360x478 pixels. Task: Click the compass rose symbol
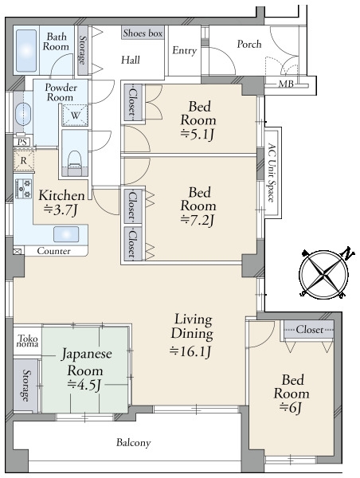coord(323,273)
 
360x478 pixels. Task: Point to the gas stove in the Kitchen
coord(22,190)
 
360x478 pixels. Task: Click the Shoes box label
coord(143,33)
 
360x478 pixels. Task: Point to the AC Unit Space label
coord(272,172)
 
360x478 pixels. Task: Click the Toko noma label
coord(27,343)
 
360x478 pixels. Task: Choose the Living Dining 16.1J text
coord(193,334)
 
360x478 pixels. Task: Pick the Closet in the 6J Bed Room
coord(308,329)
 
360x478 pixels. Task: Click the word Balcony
coord(133,442)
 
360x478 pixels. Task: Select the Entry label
coord(184,51)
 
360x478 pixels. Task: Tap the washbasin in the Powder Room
coord(22,111)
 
